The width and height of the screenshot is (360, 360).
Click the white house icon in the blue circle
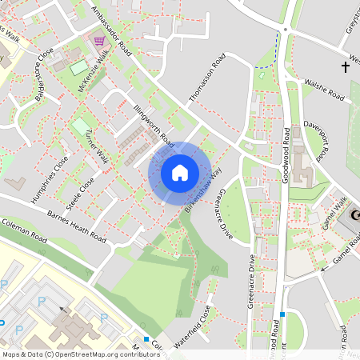(179, 172)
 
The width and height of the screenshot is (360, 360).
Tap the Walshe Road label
(324, 90)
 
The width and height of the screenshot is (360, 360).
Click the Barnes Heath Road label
(77, 226)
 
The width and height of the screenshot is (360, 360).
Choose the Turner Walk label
(96, 144)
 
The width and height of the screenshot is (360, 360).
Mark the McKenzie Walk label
(93, 73)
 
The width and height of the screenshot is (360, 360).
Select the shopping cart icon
(99, 41)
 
